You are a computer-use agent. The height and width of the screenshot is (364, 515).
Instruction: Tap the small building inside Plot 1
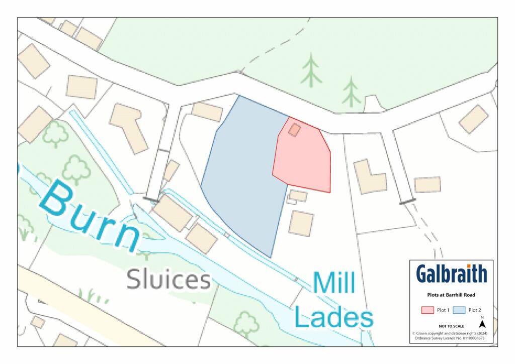point(295,130)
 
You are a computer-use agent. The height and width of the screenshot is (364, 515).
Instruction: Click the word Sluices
point(168,280)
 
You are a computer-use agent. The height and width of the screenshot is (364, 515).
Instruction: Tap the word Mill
point(334,284)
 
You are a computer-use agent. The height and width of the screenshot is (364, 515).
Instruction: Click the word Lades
point(333,317)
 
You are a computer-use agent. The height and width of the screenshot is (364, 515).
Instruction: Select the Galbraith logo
point(451,274)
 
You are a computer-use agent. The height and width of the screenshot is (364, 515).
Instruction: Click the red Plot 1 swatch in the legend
point(427,310)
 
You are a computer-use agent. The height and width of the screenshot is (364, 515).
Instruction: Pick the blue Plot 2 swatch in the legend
point(459,310)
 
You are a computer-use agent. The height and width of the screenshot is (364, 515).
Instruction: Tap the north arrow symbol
point(482,324)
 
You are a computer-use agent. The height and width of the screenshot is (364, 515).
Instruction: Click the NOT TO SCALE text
point(451,326)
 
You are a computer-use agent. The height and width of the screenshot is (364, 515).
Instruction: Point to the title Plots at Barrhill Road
point(451,295)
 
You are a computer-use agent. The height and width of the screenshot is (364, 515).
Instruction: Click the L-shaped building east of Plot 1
point(370,176)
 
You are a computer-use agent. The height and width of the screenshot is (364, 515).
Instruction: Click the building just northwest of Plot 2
point(207,112)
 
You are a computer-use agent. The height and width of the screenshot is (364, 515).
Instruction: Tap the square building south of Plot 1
point(301,222)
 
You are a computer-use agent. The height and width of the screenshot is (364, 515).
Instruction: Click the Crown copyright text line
point(451,333)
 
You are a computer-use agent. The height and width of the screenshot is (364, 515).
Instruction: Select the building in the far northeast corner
point(474,119)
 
